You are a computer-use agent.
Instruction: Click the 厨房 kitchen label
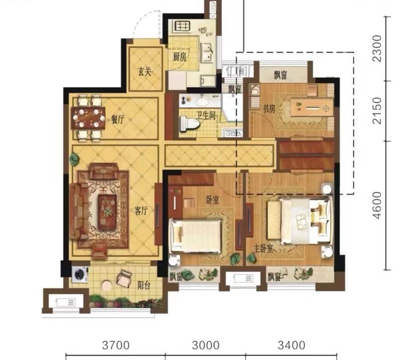(x=180, y=57)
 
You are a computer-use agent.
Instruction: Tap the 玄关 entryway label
(x=145, y=72)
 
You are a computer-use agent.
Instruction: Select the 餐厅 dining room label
(x=118, y=119)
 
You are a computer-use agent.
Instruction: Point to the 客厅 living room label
(x=141, y=211)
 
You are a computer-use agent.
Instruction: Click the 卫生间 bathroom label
(x=206, y=116)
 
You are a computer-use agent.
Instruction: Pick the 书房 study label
(x=269, y=109)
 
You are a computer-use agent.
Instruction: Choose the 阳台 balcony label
(x=144, y=286)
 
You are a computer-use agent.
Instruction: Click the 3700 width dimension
(x=116, y=345)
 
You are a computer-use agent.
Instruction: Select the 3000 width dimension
(x=206, y=345)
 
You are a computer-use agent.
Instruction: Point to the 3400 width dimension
(x=292, y=345)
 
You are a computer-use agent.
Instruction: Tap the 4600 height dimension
(x=377, y=205)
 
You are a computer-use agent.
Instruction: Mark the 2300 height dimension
(x=377, y=48)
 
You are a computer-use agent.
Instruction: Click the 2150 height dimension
(x=377, y=111)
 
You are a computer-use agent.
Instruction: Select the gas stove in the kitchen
(x=183, y=26)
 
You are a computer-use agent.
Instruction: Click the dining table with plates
(x=88, y=118)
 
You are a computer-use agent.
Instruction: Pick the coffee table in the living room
(x=108, y=213)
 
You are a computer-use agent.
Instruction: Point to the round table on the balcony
(x=107, y=286)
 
